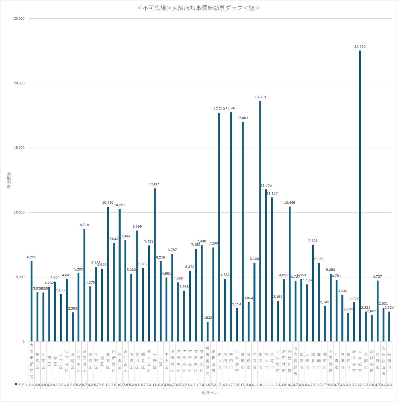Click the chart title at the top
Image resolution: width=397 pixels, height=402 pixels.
point(198,8)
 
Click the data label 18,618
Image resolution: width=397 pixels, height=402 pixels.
point(260,97)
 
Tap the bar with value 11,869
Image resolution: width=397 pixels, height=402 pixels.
point(155,265)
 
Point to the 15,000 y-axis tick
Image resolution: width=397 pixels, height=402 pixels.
point(19,148)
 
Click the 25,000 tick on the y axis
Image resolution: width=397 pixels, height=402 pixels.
point(19,19)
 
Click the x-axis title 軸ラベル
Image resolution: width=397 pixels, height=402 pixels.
point(210,393)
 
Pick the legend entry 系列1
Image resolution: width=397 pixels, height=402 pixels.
point(21,385)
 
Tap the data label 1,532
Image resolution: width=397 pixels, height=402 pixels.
point(208,318)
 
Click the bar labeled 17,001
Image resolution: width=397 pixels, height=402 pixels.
point(243,232)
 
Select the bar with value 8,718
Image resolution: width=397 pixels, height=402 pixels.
point(84,285)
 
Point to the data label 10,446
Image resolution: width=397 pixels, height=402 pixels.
point(289,203)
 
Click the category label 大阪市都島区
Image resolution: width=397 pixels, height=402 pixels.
point(31,361)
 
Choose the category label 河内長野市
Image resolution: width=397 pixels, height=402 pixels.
point(295,361)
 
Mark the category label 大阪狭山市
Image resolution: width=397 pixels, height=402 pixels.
point(383,361)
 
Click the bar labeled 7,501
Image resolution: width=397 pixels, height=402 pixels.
point(313,293)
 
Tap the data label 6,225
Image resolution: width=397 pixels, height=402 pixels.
point(31,257)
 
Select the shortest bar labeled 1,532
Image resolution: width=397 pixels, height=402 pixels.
point(208,332)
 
